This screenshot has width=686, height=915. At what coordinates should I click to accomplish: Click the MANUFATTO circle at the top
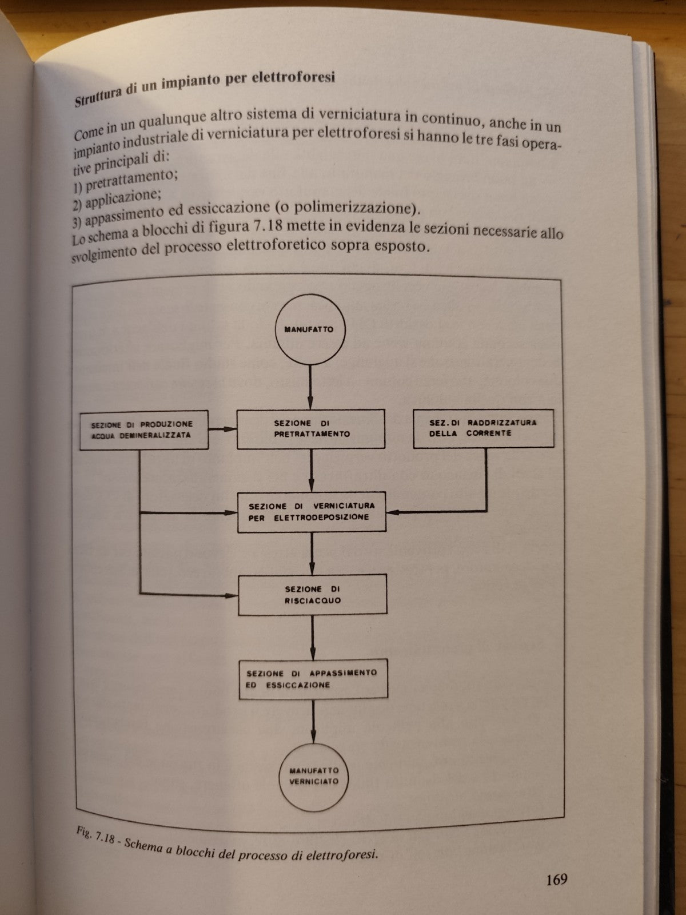[x=309, y=329]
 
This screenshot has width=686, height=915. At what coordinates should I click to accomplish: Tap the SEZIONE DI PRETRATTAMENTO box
[x=311, y=429]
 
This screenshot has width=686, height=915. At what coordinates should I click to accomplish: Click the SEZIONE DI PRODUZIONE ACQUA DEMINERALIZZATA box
[x=143, y=430]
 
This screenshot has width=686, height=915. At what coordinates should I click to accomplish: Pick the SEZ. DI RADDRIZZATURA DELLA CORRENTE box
[x=483, y=428]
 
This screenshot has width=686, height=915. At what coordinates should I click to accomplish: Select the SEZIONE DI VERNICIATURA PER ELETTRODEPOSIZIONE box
[x=312, y=512]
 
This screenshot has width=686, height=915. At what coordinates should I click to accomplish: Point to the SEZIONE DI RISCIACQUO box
[x=312, y=595]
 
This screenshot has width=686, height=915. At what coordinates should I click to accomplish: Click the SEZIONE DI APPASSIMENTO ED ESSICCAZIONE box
[x=313, y=679]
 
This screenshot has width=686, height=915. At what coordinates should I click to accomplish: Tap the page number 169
[x=556, y=879]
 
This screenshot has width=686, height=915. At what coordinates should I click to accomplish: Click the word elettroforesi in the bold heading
[x=293, y=78]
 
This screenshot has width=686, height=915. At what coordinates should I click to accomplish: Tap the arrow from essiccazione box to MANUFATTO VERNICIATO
[x=313, y=722]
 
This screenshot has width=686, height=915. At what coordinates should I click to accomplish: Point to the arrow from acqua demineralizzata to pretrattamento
[x=222, y=429]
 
